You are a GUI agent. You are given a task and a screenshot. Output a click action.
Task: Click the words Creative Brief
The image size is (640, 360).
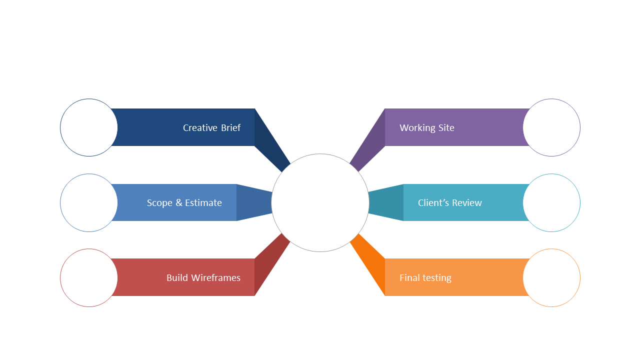coord(211,127)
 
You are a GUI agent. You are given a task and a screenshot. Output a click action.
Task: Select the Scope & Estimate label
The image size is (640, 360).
coord(184,203)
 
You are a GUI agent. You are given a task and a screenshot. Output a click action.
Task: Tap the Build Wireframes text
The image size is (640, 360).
coord(203,277)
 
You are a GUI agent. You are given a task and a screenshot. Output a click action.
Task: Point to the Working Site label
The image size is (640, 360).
coord(427,127)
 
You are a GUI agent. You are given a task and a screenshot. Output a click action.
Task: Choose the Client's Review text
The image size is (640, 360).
coord(449,203)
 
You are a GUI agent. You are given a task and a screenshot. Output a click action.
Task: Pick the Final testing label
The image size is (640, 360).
coord(425,277)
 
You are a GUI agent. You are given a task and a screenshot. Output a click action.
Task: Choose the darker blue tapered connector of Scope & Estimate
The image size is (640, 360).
coord(254,202)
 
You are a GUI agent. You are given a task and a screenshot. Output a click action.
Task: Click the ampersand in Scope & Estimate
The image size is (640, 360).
coord(179,202)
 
